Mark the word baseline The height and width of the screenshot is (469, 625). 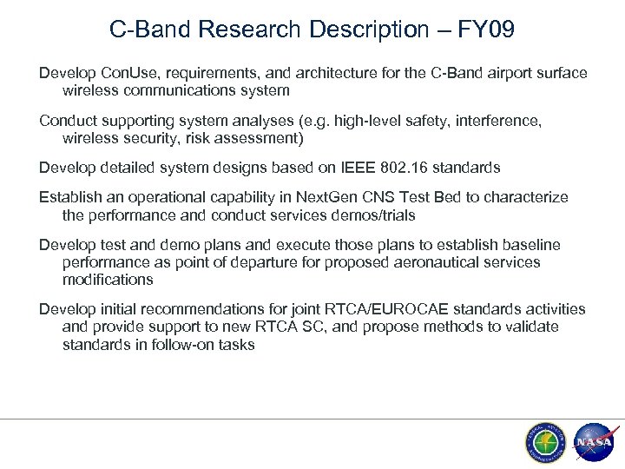pyautogui.click(x=531, y=246)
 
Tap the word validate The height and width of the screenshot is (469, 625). pyautogui.click(x=533, y=326)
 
